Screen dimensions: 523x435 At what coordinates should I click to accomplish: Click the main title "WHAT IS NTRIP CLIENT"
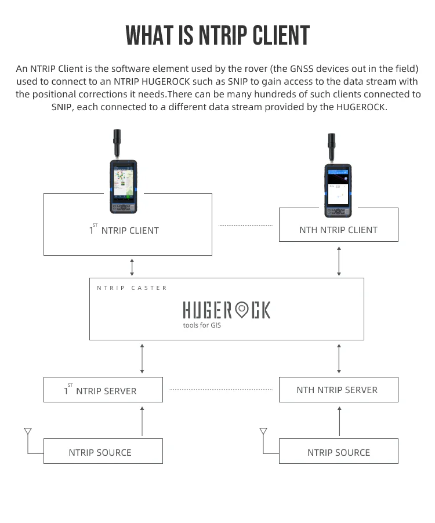pyautogui.click(x=217, y=35)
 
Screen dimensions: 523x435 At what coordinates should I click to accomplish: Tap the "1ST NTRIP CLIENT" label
pyautogui.click(x=124, y=230)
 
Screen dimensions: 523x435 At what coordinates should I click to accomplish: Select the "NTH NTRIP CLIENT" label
pyautogui.click(x=338, y=230)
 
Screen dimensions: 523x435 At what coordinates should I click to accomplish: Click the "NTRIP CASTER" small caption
pyautogui.click(x=132, y=288)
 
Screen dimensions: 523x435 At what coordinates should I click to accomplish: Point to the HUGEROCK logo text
pyautogui.click(x=226, y=310)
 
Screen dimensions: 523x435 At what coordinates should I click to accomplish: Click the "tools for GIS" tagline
pyautogui.click(x=202, y=325)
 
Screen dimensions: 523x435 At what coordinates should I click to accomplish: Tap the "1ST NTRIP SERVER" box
pyautogui.click(x=103, y=390)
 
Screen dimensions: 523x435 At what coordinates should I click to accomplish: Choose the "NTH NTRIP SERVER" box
pyautogui.click(x=338, y=390)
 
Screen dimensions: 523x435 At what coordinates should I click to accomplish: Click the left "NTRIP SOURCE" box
pyautogui.click(x=103, y=451)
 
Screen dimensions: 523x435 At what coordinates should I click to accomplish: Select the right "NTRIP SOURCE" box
pyautogui.click(x=338, y=451)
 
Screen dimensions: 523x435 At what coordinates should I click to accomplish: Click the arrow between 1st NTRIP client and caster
pyautogui.click(x=132, y=267)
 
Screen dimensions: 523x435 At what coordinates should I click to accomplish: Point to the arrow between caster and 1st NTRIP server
pyautogui.click(x=142, y=358)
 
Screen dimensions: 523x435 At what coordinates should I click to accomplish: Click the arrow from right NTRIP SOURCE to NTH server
pyautogui.click(x=339, y=420)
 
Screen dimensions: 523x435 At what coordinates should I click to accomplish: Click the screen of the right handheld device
pyautogui.click(x=337, y=187)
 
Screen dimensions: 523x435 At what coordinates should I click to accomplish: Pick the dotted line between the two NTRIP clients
pyautogui.click(x=245, y=225)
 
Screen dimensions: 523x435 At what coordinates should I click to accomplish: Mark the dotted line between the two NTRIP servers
pyautogui.click(x=221, y=390)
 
